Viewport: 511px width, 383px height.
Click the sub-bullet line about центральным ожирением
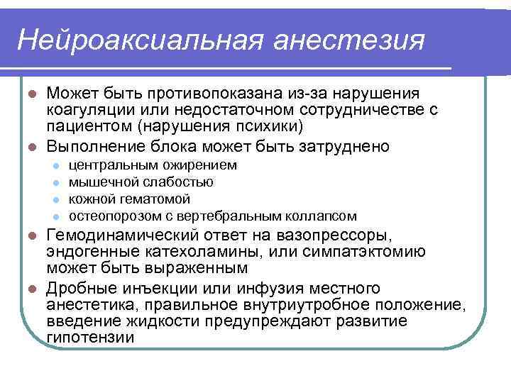(x=153, y=165)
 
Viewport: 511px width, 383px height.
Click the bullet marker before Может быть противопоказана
(x=31, y=94)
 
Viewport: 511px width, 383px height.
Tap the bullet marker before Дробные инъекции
(x=31, y=289)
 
